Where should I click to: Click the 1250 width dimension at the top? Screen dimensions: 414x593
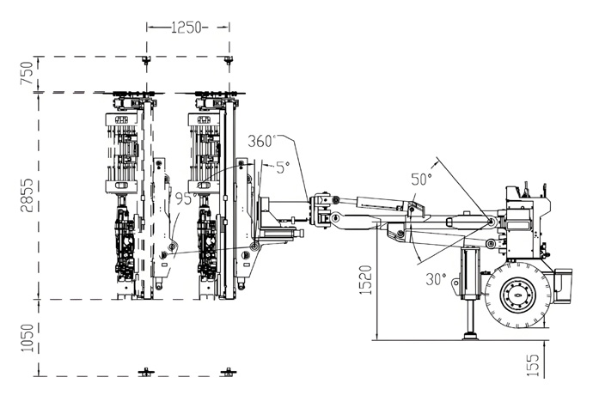[187, 27]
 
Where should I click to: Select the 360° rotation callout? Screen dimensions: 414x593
[261, 141]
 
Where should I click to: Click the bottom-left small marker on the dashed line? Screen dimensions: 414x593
[147, 372]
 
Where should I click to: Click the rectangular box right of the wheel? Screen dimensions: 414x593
[563, 283]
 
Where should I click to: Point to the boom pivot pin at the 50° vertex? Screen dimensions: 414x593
[490, 222]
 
